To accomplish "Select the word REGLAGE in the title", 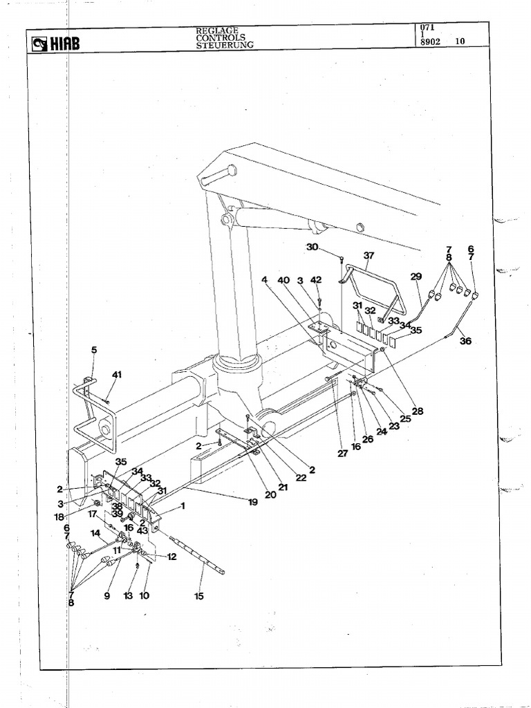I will click(217, 30).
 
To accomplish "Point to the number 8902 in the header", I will click(431, 41).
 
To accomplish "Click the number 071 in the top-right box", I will click(427, 27).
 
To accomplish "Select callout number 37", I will click(369, 255).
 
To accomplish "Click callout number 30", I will click(312, 247).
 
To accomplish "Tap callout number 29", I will click(416, 277).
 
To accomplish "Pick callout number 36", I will click(465, 340).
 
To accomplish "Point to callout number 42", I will click(316, 280).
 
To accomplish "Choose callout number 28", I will click(417, 411).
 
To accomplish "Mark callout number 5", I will click(94, 350).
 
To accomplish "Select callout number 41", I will click(117, 375).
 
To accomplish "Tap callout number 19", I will click(253, 502).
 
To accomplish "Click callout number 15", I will click(199, 596).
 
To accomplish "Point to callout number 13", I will click(127, 595).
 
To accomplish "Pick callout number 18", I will click(61, 516).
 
